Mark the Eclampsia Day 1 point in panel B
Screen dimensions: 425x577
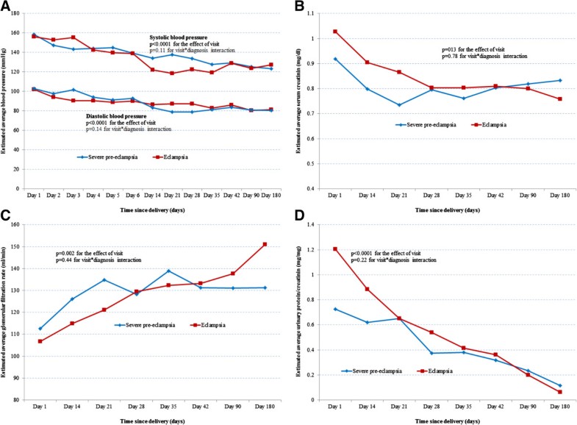pos(335,32)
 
